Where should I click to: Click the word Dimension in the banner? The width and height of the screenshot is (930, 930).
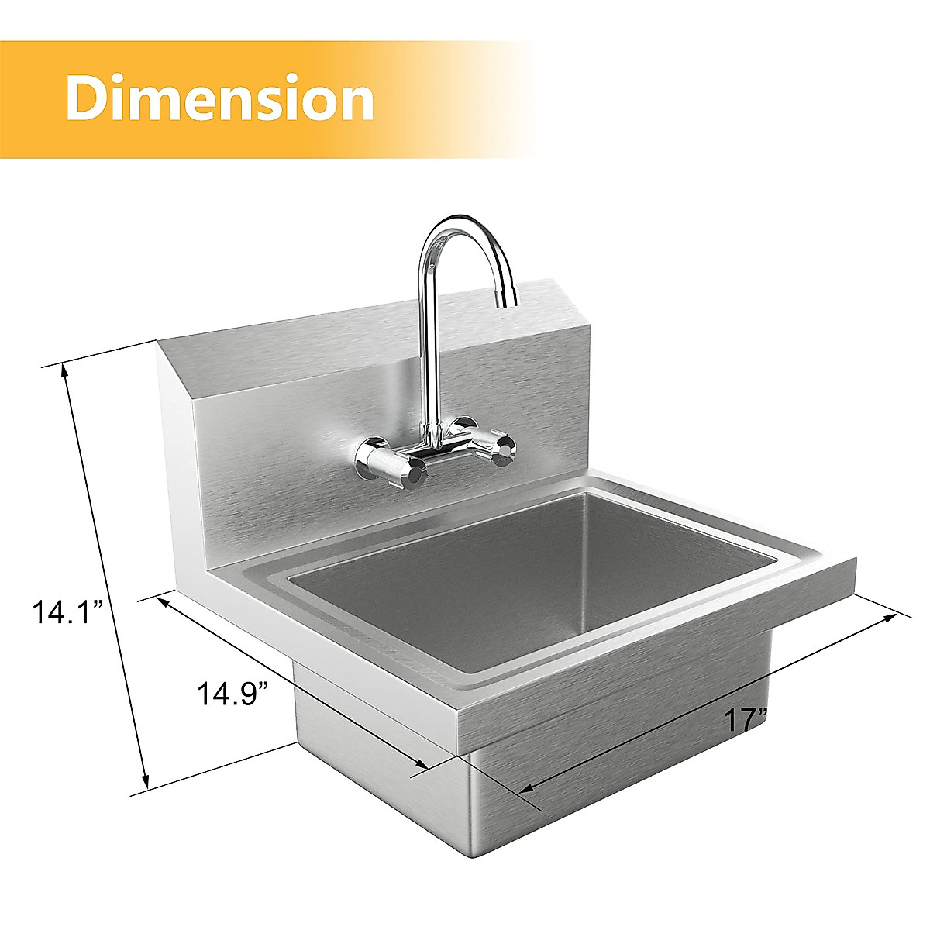click(x=220, y=98)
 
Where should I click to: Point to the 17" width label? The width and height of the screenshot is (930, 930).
click(x=745, y=719)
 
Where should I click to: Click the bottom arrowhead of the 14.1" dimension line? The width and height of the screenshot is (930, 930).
click(x=145, y=782)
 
